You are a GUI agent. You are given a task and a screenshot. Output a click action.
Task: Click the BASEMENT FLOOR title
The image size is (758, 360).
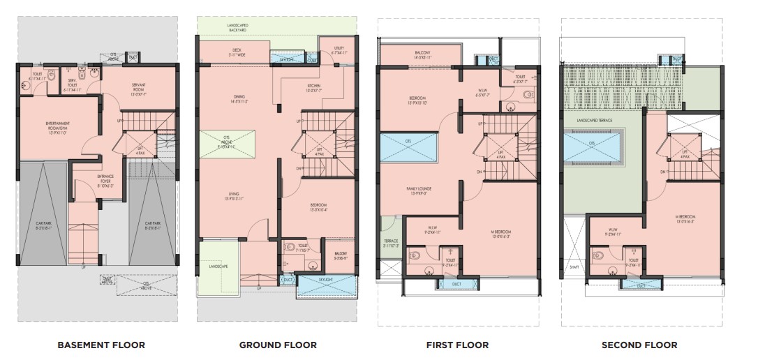click(x=101, y=345)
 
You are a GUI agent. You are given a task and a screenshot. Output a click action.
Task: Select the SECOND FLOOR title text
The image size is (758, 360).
click(x=639, y=345)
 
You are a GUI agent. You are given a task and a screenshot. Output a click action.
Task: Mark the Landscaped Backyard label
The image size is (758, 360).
click(x=238, y=27)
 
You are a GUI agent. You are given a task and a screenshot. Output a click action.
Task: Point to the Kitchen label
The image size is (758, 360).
click(x=313, y=88)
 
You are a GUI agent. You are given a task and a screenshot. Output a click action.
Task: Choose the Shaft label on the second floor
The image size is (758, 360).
click(x=574, y=267)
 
